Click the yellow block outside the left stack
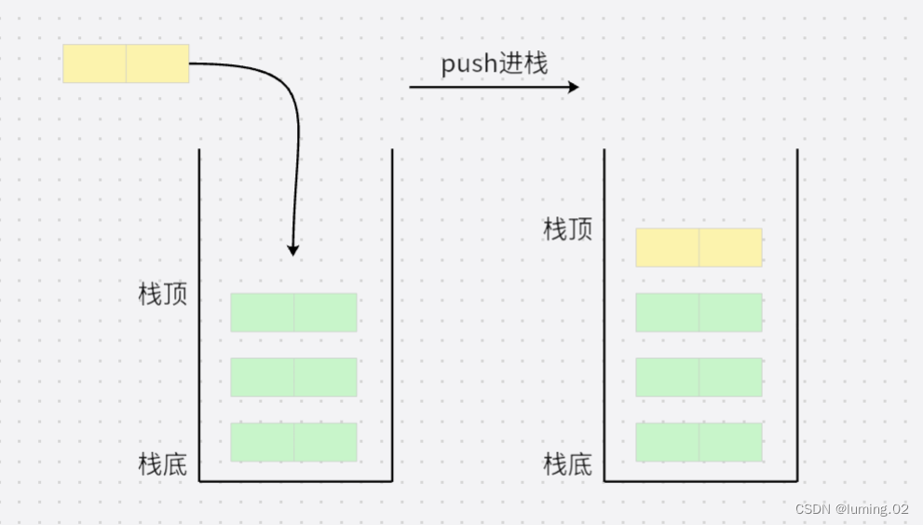click(126, 63)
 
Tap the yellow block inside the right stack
click(699, 247)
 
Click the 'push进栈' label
click(495, 63)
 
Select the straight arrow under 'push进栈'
click(494, 87)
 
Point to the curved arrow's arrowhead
click(293, 249)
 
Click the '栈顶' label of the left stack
click(163, 295)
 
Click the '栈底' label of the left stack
click(163, 463)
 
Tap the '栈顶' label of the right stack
click(568, 229)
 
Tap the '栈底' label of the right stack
click(568, 463)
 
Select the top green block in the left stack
click(293, 312)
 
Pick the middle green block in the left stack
click(293, 377)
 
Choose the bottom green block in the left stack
click(293, 442)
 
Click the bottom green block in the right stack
click(699, 442)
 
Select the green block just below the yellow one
click(699, 312)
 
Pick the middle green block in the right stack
click(699, 377)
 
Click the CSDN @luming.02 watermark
click(851, 509)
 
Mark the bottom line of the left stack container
click(295, 481)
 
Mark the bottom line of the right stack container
click(700, 481)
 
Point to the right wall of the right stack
click(797, 317)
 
